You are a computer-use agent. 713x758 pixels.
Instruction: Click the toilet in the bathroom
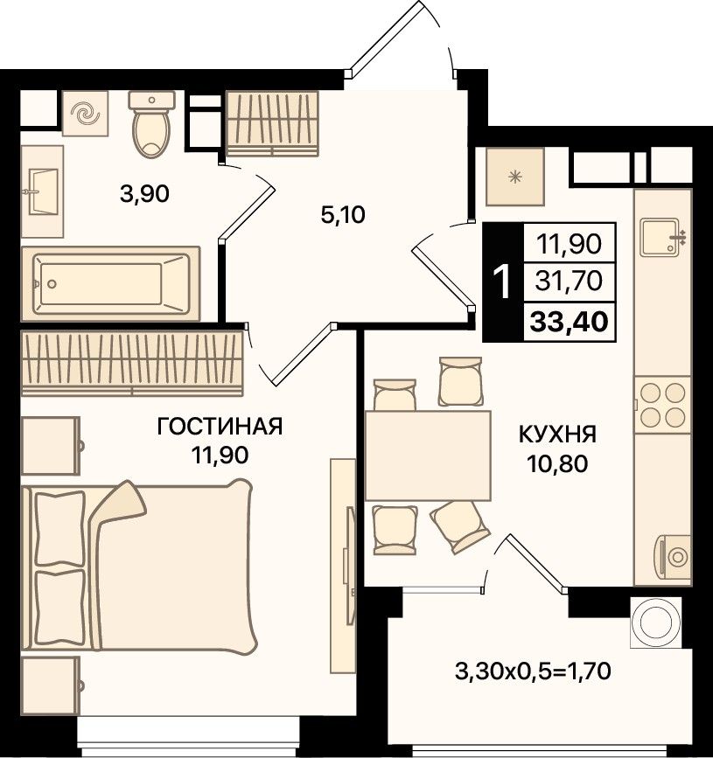(x=151, y=124)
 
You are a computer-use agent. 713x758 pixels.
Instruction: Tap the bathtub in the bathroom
(x=111, y=284)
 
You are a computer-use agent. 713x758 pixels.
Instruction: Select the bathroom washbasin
(x=43, y=191)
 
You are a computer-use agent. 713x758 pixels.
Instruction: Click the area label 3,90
(x=144, y=194)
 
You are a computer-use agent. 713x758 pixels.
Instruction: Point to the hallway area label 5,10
(x=343, y=215)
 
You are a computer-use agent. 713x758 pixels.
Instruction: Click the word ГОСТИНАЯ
(x=220, y=427)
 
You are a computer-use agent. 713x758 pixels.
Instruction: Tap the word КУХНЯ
(x=558, y=435)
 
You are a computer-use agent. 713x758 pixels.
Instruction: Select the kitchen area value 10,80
(x=558, y=464)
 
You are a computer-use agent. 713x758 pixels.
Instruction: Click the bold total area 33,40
(x=570, y=322)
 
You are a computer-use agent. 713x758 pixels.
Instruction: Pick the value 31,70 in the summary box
(x=570, y=281)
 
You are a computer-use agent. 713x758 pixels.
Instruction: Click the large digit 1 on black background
(x=502, y=282)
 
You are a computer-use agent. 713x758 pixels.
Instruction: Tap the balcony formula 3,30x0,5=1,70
(x=533, y=671)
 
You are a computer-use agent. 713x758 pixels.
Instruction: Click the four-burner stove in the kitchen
(x=662, y=405)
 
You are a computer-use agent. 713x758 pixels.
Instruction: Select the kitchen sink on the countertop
(x=661, y=237)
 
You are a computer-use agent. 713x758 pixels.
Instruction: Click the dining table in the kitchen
(x=428, y=455)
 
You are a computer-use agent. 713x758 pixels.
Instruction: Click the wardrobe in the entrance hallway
(x=273, y=124)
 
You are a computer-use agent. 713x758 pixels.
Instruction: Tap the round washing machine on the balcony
(x=656, y=622)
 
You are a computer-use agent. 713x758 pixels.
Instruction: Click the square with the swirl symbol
(x=85, y=114)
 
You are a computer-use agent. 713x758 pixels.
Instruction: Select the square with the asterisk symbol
(x=515, y=177)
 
